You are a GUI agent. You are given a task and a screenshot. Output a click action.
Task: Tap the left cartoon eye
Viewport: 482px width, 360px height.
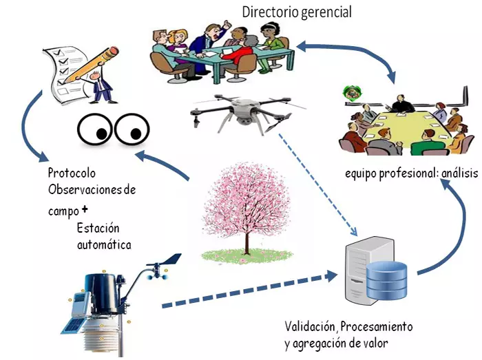coord(96,129)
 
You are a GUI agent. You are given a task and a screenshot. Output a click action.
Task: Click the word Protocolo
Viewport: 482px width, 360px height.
coord(72,173)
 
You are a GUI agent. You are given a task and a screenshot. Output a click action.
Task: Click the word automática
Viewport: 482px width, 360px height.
coord(104,244)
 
